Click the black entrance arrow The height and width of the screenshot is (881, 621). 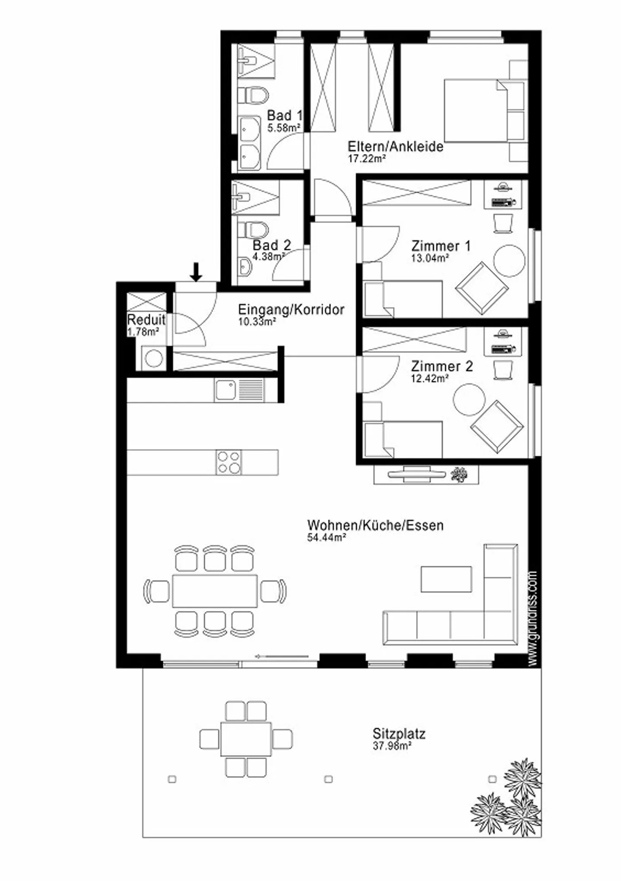(x=196, y=272)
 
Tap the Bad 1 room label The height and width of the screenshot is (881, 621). (x=285, y=116)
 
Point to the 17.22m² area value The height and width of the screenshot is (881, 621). (x=367, y=158)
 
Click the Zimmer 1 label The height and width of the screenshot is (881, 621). (x=441, y=246)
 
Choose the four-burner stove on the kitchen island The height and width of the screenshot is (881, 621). (x=229, y=462)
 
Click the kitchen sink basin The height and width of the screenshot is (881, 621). (x=225, y=390)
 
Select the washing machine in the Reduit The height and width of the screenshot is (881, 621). (x=153, y=358)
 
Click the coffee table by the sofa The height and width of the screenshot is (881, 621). (x=446, y=579)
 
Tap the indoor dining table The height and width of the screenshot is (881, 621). (x=215, y=591)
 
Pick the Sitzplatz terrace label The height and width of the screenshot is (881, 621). (x=399, y=734)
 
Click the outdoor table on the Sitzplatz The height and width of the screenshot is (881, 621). (x=246, y=739)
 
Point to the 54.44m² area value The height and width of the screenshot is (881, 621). (x=326, y=537)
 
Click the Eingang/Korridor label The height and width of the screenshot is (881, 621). (x=291, y=309)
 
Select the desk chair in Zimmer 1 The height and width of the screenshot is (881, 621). (x=502, y=223)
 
